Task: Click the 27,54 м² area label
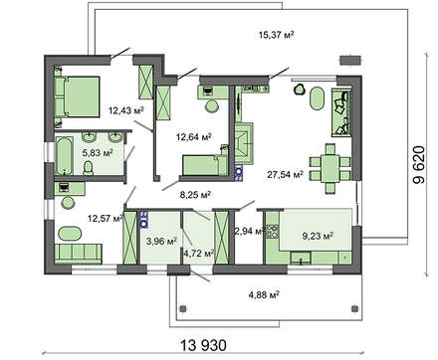[286, 174]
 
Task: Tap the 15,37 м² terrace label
[277, 35]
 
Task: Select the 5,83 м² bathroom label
[98, 153]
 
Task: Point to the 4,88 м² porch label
[264, 294]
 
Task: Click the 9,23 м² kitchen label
[318, 236]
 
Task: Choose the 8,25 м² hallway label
[195, 195]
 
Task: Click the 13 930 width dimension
[204, 345]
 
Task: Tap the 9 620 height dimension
[419, 165]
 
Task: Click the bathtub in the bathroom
[64, 156]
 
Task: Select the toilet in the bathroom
[89, 168]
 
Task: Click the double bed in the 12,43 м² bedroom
[77, 96]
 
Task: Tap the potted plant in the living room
[300, 90]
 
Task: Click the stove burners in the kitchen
[273, 231]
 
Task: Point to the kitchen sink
[301, 258]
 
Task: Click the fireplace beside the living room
[244, 143]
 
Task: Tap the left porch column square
[183, 309]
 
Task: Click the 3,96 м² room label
[161, 241]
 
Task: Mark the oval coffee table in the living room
[318, 97]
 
